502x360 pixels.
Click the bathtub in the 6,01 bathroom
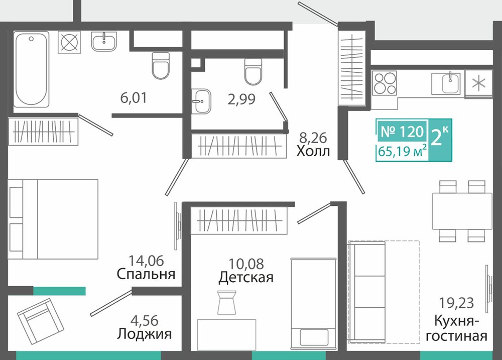point(31,69)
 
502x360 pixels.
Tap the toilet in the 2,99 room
point(253,71)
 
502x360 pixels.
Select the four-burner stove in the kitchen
point(384,83)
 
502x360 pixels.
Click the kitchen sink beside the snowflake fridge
point(446,83)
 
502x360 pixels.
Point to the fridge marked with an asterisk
point(478,83)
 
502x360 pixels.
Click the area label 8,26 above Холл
point(313,138)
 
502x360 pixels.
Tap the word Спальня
point(146,274)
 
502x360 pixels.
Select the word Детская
point(246,277)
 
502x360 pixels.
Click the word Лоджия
point(145,334)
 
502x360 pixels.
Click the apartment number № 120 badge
point(402,132)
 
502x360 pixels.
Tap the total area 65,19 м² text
point(402,151)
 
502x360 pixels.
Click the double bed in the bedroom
point(53,219)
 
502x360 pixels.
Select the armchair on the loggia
point(41,321)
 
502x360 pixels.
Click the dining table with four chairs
point(462,211)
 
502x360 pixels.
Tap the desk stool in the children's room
point(226,303)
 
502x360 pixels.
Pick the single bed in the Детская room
point(314,303)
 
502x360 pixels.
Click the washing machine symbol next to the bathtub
point(69,42)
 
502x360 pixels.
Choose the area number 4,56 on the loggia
point(145,320)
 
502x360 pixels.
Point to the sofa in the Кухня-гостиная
point(367,292)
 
